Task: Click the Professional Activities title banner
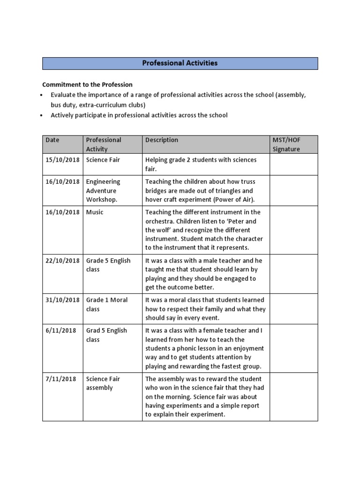180,63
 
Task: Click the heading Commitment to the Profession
87,85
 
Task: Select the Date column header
52,140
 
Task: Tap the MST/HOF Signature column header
286,144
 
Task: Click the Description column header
162,140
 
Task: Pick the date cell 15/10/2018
62,160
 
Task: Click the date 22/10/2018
62,261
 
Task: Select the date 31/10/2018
62,300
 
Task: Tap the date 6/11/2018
60,330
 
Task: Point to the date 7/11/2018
60,379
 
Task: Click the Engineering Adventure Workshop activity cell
103,191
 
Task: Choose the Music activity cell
95,212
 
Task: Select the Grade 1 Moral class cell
106,305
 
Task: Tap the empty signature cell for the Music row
293,230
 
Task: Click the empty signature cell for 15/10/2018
293,165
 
